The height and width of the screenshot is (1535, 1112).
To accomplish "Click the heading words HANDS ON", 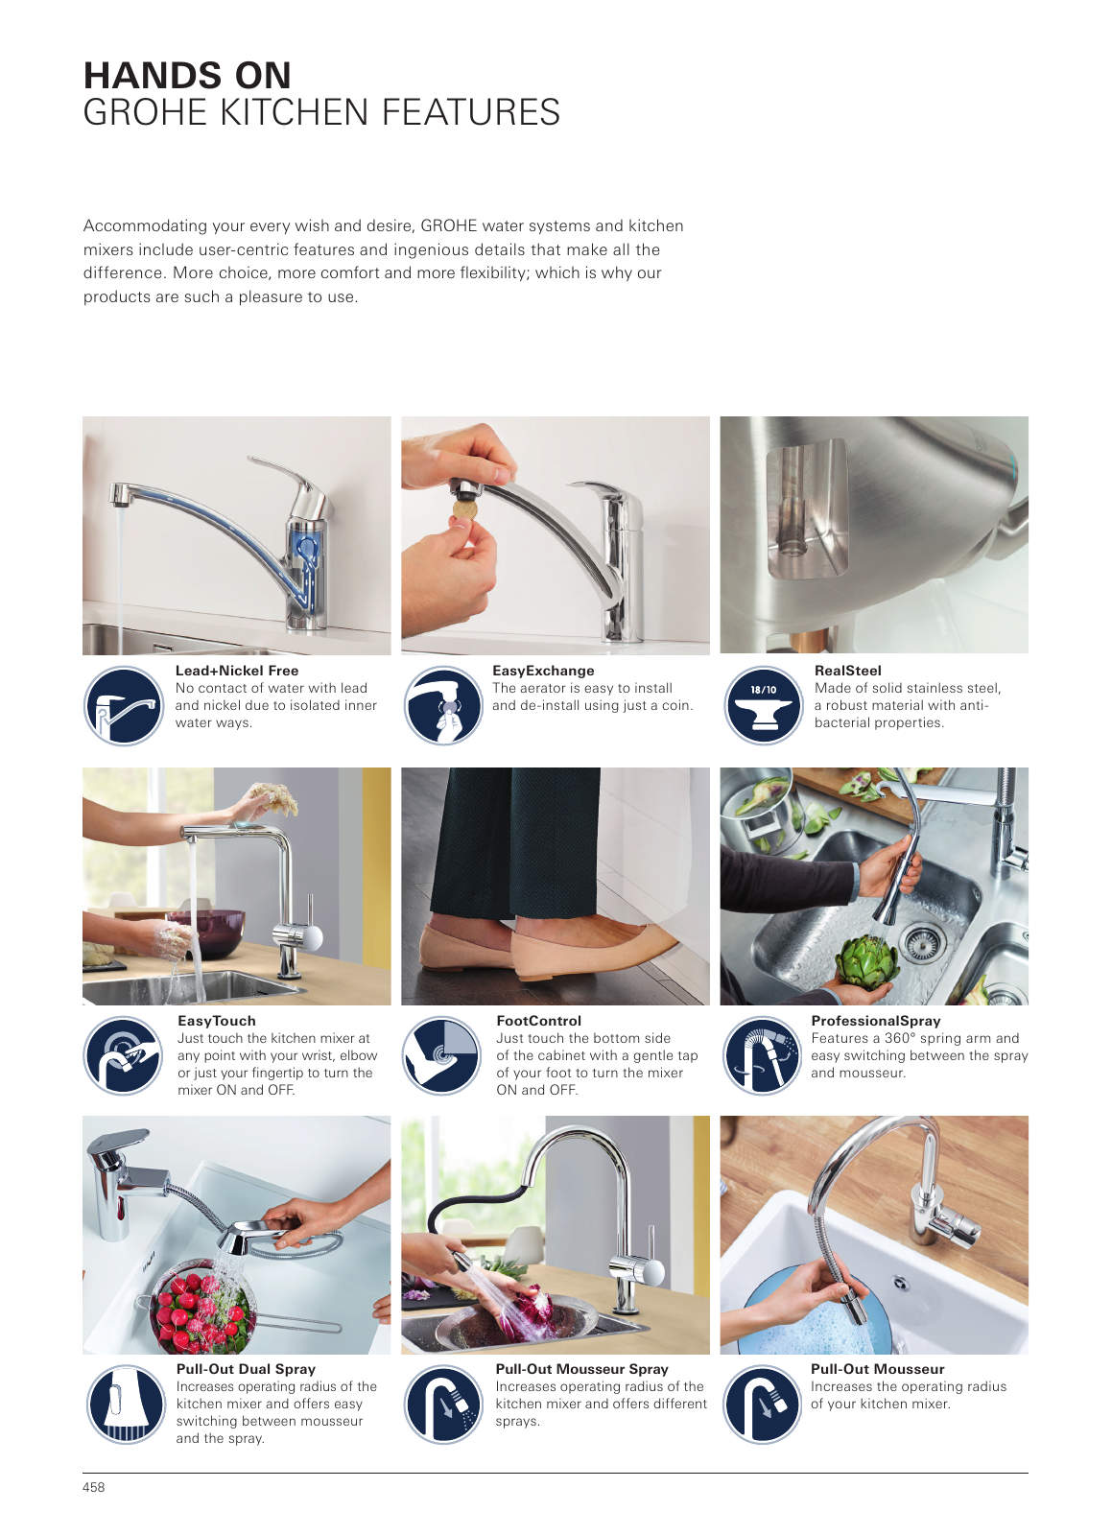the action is [187, 76].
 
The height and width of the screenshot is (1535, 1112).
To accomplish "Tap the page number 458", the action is [94, 1487].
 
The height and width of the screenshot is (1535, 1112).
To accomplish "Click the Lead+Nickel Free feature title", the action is [237, 671].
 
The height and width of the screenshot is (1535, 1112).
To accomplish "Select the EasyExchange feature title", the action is [543, 671].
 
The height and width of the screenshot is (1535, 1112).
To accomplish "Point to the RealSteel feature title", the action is [847, 671].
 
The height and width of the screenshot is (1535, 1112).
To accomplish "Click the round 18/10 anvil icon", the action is [764, 706].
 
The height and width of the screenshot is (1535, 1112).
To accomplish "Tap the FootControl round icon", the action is [442, 1055].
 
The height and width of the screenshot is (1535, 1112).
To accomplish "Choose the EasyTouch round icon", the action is [124, 1055].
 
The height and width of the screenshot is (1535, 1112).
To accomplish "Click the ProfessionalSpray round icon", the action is [763, 1055].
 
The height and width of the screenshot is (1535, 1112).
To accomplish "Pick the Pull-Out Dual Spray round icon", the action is [126, 1405].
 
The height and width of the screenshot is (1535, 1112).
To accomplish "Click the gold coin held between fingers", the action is [463, 509].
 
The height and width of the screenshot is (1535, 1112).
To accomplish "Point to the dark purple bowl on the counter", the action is [205, 933].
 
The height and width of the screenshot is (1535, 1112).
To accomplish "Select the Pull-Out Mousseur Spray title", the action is [581, 1369].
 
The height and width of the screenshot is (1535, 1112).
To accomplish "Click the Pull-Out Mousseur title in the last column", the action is [878, 1369].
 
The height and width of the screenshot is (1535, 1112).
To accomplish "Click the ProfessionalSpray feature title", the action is [876, 1021].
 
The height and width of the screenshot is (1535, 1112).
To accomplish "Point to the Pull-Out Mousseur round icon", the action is [763, 1405].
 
